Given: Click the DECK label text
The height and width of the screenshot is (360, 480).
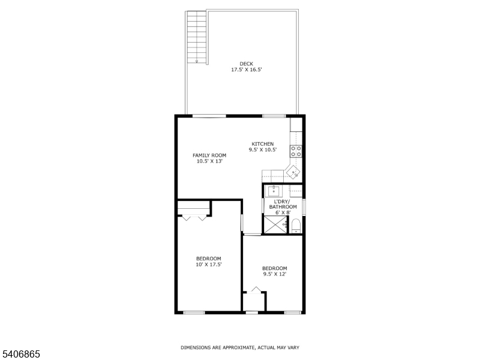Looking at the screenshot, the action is point(246,64).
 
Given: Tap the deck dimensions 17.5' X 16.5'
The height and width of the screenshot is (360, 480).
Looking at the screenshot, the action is point(246,70).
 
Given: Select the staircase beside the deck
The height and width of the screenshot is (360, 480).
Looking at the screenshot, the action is point(196,37).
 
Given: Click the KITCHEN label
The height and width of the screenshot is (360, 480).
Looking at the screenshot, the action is point(263,144).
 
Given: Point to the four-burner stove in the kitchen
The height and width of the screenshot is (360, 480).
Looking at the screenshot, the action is point(296,151).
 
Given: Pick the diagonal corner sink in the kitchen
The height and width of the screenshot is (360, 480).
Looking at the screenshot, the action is point(293,173).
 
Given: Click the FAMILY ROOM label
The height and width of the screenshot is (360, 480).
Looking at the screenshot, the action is point(209,155).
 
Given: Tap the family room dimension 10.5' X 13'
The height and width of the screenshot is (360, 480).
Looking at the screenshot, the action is point(209,161).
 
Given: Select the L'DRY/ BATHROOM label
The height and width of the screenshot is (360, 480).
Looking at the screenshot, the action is point(283,204).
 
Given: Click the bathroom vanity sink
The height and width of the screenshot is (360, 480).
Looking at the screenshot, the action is point(274,191).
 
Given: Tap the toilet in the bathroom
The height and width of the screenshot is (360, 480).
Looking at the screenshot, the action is point(296,226).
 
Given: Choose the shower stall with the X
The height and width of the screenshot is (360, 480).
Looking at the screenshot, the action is point(276,224).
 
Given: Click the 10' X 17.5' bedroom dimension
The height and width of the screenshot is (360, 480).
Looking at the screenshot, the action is point(209,265).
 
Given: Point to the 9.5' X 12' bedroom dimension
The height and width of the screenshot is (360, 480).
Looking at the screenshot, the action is point(275,274).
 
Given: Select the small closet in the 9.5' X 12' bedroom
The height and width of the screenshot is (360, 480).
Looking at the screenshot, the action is point(254,302).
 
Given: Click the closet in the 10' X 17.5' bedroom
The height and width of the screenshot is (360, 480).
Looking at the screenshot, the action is point(194,208).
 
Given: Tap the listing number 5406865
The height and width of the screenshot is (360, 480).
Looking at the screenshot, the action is point(20,354).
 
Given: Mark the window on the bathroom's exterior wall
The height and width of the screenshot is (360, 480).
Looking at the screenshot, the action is point(304,207).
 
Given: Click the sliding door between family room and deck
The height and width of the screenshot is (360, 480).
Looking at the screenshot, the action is point(209,116).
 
